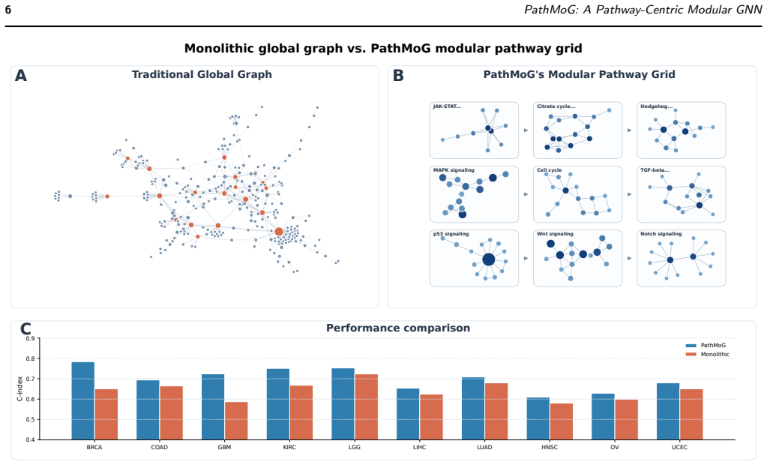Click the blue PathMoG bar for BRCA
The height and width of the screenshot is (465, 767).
click(82, 401)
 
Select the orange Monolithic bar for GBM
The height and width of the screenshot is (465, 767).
click(236, 421)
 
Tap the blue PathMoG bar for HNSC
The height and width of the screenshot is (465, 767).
click(538, 418)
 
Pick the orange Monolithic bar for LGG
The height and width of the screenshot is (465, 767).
click(367, 407)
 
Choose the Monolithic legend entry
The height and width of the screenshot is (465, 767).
click(708, 354)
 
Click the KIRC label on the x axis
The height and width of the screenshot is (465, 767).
click(289, 447)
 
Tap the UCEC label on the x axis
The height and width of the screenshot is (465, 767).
click(679, 447)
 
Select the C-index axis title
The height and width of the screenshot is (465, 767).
click(19, 388)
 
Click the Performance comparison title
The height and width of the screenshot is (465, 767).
click(398, 328)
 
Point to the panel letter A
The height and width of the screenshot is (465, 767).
click(20, 76)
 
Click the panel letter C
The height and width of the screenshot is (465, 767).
click(25, 328)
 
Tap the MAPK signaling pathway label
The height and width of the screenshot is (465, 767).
click(454, 170)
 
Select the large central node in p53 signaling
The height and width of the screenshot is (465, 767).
click(488, 259)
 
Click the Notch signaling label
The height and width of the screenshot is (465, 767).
click(661, 234)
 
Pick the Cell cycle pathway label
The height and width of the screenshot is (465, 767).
click(550, 170)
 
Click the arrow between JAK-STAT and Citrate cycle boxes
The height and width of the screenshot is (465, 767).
click(526, 130)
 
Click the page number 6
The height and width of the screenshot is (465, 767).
click(7, 10)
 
